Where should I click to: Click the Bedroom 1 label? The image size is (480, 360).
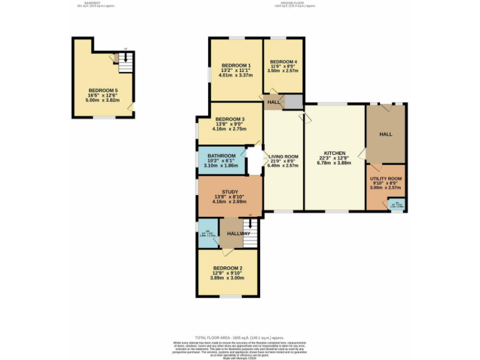click(235, 66)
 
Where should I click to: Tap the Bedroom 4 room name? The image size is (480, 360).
click(282, 62)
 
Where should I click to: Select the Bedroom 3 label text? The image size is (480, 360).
click(229, 119)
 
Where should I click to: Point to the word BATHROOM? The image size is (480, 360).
click(221, 156)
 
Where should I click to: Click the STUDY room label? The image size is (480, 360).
click(229, 192)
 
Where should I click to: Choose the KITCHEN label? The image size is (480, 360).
click(334, 153)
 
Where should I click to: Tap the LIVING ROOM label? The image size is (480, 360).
click(283, 157)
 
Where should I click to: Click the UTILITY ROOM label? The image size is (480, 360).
click(386, 179)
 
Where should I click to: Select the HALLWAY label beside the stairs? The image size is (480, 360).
click(238, 233)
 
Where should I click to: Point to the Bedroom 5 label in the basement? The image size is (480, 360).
click(102, 91)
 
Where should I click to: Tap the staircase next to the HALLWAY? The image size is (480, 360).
click(250, 233)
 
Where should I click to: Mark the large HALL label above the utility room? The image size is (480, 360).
click(385, 134)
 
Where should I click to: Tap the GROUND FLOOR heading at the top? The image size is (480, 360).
click(294, 3)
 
